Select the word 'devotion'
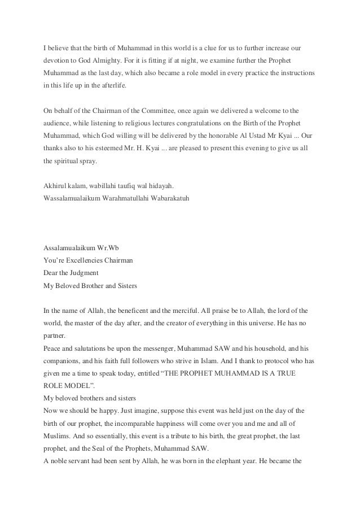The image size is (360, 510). pos(57,59)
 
